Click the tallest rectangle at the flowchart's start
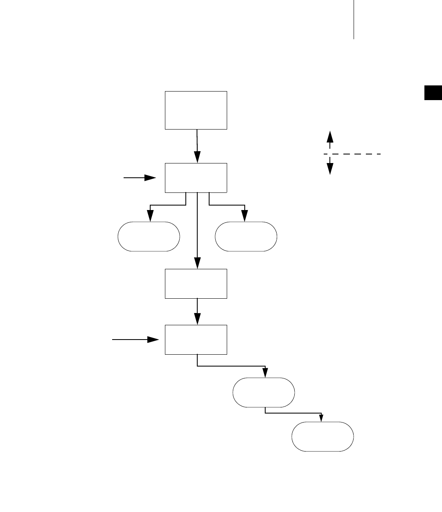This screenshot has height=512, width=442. [x=196, y=110]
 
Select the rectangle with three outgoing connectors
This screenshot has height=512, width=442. [x=196, y=178]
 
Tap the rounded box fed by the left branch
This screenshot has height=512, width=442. [x=149, y=236]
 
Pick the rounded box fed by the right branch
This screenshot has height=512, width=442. [x=246, y=236]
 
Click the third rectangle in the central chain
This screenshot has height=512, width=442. [x=196, y=284]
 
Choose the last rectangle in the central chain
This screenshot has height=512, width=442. [x=196, y=340]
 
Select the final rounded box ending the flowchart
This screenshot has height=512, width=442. [x=322, y=436]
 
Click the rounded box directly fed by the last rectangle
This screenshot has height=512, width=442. [x=264, y=392]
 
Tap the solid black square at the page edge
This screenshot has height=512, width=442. [x=433, y=93]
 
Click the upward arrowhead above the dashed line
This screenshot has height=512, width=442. [x=330, y=136]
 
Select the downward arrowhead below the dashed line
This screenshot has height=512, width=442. [x=330, y=169]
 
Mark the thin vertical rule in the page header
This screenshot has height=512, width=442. [x=353, y=20]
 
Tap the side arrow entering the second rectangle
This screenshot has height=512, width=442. [x=140, y=178]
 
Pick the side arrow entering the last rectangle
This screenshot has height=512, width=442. [x=135, y=340]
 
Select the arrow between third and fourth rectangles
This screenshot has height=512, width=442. [x=197, y=311]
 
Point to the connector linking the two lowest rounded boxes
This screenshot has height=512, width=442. [x=295, y=413]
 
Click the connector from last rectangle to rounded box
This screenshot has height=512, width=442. [x=232, y=366]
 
